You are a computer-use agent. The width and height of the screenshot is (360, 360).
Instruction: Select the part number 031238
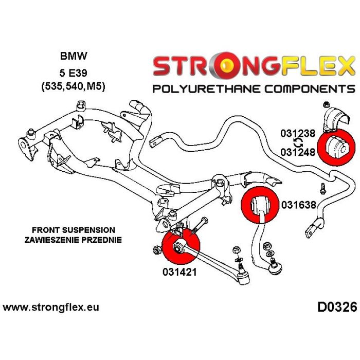point(298,134)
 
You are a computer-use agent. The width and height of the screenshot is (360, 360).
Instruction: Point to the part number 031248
point(298,152)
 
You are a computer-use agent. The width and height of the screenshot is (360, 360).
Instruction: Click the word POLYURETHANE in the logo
point(205,88)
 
